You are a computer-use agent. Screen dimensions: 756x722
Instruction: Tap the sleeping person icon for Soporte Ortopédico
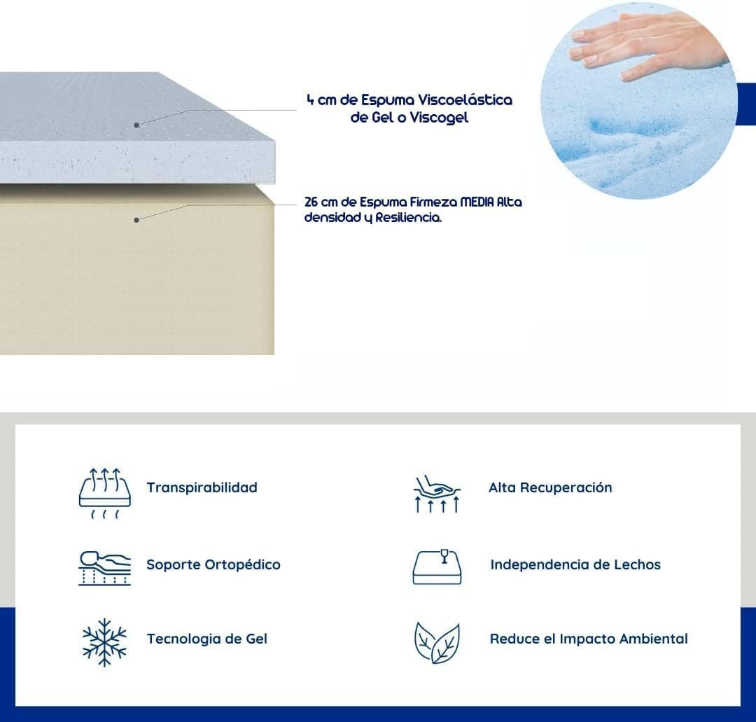(104, 568)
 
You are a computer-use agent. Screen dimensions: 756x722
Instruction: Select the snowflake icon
(104, 642)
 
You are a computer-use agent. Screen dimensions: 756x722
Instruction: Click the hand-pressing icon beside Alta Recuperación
(437, 494)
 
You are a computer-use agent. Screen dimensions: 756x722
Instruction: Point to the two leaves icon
(437, 642)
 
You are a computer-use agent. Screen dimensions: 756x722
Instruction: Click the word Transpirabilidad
(202, 487)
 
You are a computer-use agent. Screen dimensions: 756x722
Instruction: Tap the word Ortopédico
(243, 564)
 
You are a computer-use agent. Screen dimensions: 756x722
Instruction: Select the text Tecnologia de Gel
(206, 639)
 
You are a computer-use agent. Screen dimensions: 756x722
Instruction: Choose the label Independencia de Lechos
(575, 564)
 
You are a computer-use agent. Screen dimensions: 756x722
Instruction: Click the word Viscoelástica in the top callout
(465, 100)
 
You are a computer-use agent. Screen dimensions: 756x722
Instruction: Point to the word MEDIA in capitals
(477, 202)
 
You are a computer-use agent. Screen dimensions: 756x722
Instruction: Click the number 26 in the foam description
(311, 202)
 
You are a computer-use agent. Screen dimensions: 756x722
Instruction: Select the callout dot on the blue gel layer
(136, 125)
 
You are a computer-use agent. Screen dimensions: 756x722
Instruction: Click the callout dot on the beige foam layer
(136, 220)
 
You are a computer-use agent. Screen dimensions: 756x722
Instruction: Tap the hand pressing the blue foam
(646, 46)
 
